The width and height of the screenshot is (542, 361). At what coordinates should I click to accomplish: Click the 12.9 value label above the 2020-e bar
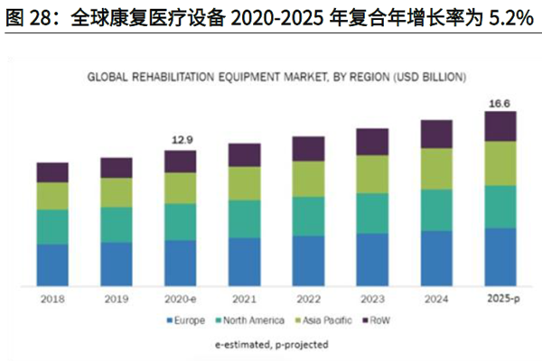[x=180, y=140]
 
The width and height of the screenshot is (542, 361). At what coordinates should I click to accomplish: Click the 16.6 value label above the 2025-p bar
[x=500, y=105]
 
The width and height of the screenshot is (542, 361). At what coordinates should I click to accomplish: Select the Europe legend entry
[x=186, y=320]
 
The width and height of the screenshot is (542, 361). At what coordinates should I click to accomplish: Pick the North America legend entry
[x=255, y=320]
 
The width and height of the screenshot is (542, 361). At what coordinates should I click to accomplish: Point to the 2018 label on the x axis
[x=52, y=300]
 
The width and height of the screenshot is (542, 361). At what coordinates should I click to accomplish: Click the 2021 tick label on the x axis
[x=244, y=300]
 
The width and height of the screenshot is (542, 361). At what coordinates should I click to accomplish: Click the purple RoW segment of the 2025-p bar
[x=500, y=126]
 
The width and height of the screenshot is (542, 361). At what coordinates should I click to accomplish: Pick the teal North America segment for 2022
[x=308, y=217]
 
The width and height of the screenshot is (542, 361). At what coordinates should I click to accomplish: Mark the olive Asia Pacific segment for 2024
[x=436, y=169]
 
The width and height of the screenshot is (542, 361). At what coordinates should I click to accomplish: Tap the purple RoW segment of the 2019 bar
[x=116, y=168]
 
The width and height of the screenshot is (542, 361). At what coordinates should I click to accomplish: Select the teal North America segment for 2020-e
[x=180, y=222]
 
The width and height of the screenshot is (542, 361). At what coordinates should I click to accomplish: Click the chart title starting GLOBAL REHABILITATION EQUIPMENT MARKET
[x=270, y=79]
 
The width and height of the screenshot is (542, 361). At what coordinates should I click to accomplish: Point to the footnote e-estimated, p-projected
[x=271, y=344]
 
